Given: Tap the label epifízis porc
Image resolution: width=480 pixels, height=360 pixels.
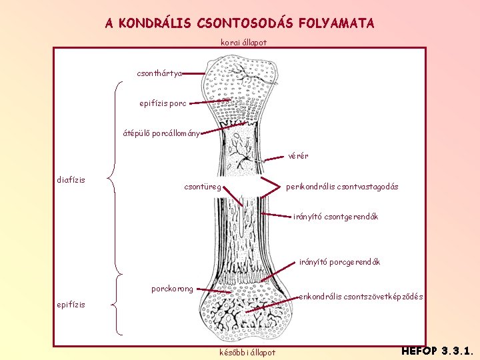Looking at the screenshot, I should tap(163, 103).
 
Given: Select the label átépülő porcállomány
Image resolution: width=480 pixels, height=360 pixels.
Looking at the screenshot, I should tap(161, 133).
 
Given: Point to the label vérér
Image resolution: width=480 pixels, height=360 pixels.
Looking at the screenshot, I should tap(298, 157).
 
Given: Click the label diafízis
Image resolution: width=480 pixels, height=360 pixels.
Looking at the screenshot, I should tap(71, 179).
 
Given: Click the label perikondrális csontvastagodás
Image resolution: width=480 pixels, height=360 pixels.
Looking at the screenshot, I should tap(342, 187).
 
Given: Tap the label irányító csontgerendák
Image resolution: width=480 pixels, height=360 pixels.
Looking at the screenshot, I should tap(335, 217).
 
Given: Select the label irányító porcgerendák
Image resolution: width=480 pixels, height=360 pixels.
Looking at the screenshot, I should tap(339, 262).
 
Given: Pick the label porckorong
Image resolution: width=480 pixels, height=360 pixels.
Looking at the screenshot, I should tap(172, 289).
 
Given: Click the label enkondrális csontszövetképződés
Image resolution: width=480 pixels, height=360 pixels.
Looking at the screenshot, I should tap(362, 297).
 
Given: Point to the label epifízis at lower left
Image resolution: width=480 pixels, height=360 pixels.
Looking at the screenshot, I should tap(71, 305).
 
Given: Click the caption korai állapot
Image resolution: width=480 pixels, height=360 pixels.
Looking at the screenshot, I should tap(243, 43).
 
